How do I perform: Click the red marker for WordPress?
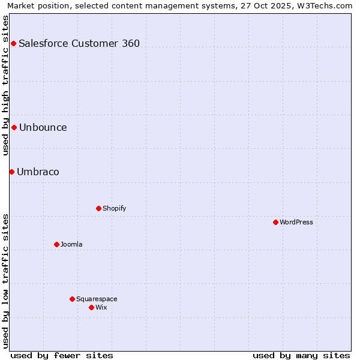275,222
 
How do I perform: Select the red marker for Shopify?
98,208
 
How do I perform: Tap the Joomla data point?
56,244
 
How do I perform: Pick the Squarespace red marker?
72,299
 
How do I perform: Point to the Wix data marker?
91,307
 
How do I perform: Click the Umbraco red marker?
11,172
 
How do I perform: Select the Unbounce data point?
14,127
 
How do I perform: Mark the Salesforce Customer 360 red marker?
13,43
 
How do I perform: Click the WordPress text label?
296,222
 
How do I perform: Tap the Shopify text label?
114,208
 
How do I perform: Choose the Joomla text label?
71,244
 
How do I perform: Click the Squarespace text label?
97,299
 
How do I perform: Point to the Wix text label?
101,307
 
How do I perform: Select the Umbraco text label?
38,172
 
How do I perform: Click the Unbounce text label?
43,127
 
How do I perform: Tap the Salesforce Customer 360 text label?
79,43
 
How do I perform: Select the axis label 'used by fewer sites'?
62,355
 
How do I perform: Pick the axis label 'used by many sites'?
301,355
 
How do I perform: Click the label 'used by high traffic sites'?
5,85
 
